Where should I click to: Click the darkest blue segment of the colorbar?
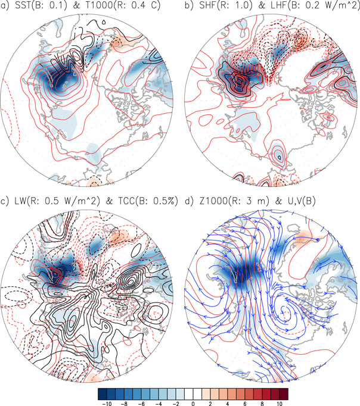pyautogui.click(x=103, y=393)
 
